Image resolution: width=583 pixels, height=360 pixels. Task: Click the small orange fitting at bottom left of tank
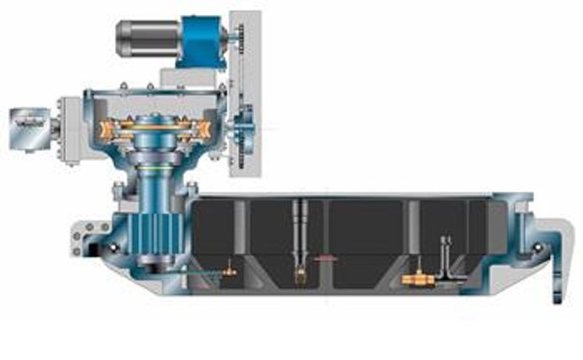click(x=229, y=272)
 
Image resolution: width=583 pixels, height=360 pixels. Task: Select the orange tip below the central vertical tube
click(x=300, y=274)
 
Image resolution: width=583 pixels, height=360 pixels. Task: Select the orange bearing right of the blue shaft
click(x=201, y=130)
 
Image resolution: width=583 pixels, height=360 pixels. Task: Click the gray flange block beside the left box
click(x=71, y=129)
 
